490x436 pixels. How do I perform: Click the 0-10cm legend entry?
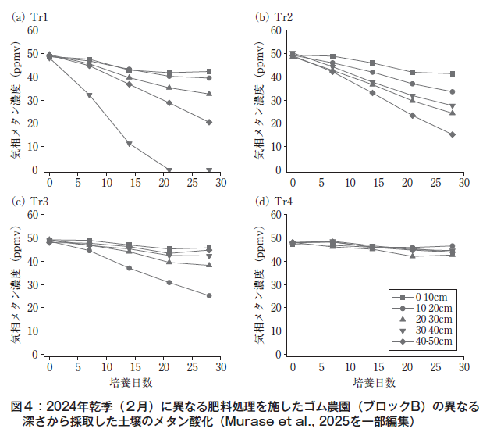[x=421, y=298]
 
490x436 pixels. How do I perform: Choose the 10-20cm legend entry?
[x=421, y=309]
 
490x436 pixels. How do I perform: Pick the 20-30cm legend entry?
[x=421, y=320]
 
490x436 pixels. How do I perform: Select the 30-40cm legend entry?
[x=421, y=331]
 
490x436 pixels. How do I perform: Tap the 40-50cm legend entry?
[x=421, y=341]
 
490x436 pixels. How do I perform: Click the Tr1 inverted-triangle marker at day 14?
[x=130, y=144]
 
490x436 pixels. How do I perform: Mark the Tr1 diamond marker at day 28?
[x=209, y=122]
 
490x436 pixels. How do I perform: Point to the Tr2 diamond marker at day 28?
[x=453, y=134]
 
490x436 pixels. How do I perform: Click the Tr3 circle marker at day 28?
[x=209, y=295]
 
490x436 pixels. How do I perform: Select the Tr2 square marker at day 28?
[x=453, y=73]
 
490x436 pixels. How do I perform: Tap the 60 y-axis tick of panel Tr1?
[x=32, y=30]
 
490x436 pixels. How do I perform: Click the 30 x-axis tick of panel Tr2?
[x=463, y=181]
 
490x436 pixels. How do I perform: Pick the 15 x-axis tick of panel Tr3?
[x=135, y=366]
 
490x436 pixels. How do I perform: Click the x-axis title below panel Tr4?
[x=378, y=383]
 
